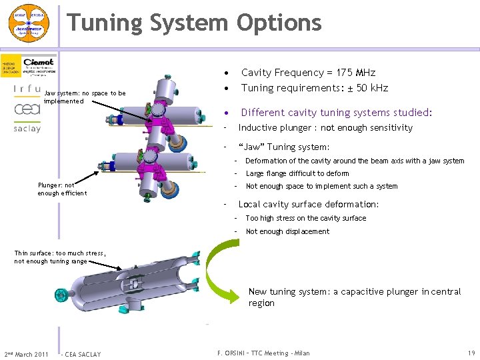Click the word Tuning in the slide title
tap(105, 23)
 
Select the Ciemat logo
tap(39, 67)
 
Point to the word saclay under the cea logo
tap(27, 128)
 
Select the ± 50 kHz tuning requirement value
tap(373, 88)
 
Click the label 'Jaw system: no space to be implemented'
tap(85, 97)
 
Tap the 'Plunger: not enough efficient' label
tap(62, 189)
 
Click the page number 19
tap(471, 353)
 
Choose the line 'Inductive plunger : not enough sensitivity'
tap(325, 128)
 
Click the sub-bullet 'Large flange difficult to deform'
tap(297, 173)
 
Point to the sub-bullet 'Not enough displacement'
tap(287, 232)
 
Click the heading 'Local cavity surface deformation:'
tap(309, 205)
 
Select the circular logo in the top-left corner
tap(28, 23)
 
